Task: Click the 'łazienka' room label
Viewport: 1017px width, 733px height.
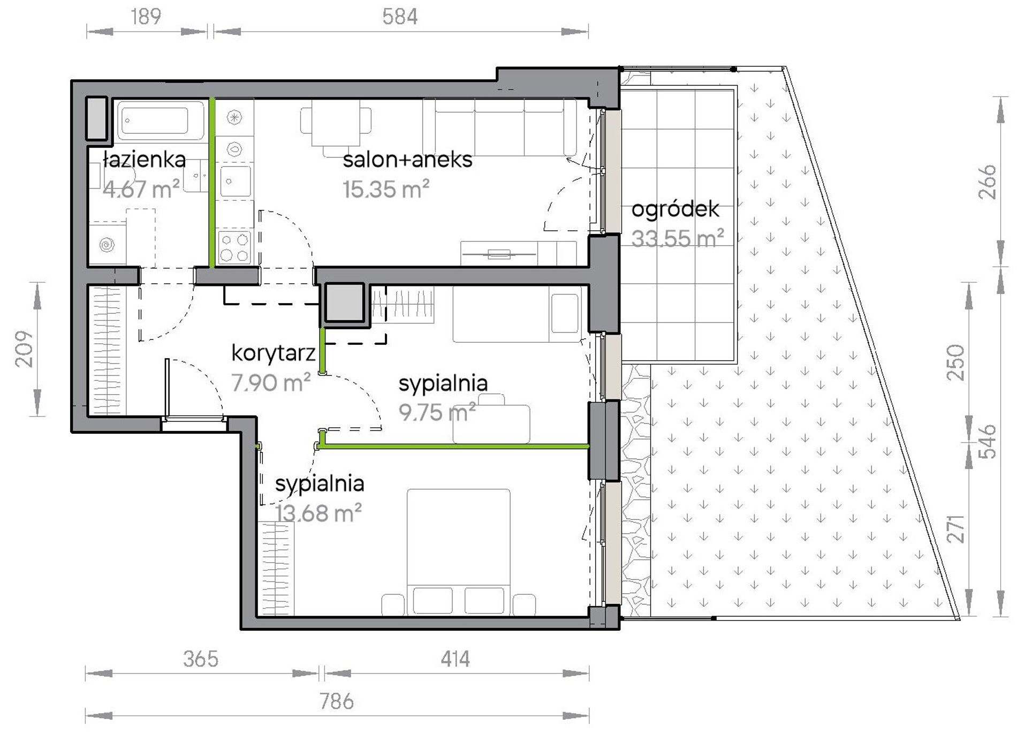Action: [145, 160]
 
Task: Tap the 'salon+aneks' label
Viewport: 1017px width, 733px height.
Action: [407, 160]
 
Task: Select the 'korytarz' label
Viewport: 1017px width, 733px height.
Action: [273, 353]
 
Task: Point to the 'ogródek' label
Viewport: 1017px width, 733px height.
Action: [675, 209]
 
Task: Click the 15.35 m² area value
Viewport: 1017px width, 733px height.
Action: [386, 190]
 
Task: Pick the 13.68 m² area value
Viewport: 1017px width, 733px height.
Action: [318, 513]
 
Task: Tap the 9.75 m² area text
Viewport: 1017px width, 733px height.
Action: [437, 412]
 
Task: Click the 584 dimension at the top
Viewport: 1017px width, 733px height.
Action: [400, 17]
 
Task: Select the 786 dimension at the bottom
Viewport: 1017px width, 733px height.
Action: [337, 701]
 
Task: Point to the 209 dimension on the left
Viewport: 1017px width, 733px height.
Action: [25, 350]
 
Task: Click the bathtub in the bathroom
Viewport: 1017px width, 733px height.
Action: [156, 121]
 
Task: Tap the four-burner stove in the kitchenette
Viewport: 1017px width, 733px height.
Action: [234, 247]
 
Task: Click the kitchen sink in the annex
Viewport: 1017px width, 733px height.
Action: [234, 181]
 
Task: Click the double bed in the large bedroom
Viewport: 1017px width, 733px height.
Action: [458, 551]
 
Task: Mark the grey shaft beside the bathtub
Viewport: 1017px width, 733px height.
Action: [97, 119]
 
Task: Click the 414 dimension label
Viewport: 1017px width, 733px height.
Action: [456, 659]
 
